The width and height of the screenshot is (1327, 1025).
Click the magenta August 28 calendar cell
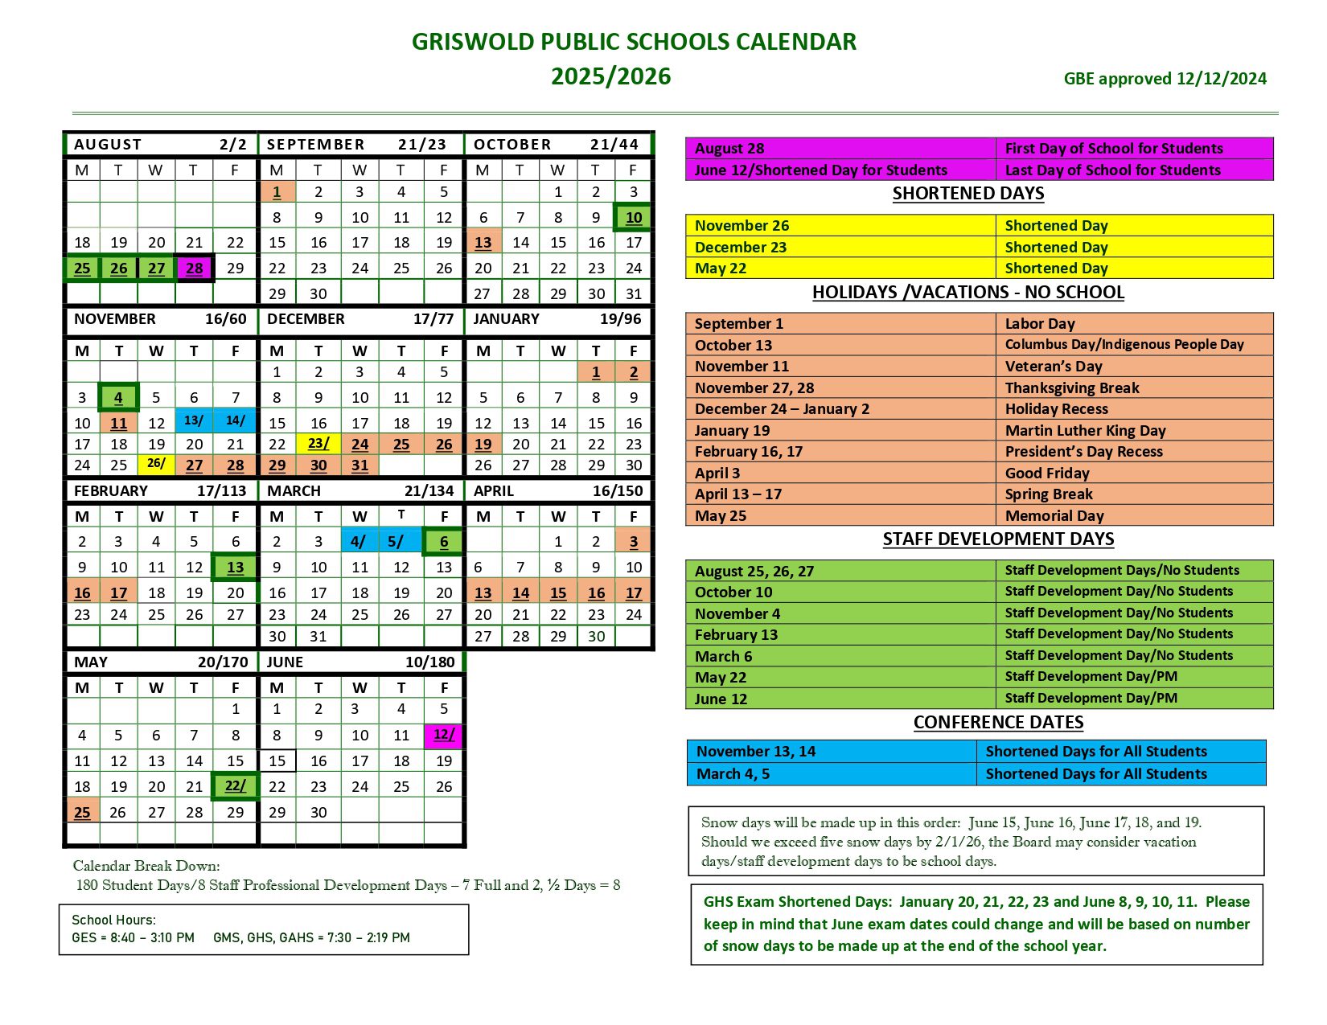tap(195, 269)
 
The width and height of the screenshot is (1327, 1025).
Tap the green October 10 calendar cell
tap(634, 218)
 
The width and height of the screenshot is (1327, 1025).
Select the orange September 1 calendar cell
tap(277, 192)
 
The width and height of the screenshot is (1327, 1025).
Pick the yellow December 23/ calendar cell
tap(318, 444)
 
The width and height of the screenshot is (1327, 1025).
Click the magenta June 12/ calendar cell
tap(444, 735)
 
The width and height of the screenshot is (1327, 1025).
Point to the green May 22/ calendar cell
tap(235, 786)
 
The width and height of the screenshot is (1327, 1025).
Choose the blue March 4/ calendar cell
tap(359, 542)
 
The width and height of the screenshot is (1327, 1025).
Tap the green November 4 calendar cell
tap(118, 398)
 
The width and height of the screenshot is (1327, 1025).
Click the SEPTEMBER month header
tap(315, 145)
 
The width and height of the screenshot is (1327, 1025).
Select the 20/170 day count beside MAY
tap(223, 662)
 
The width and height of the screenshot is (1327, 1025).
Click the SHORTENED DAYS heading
tap(968, 194)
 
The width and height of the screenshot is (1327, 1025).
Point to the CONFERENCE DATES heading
tap(998, 723)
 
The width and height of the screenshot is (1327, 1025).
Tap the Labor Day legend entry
tap(1040, 324)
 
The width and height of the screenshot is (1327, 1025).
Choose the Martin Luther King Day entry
tap(1085, 431)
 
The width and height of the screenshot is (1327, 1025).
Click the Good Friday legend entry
tap(1047, 474)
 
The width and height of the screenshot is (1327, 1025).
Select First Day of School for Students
tap(1114, 149)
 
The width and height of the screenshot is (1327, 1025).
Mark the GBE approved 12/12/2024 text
tap(1165, 79)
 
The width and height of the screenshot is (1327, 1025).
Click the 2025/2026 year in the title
tap(610, 76)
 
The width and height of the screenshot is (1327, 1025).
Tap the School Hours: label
tap(113, 920)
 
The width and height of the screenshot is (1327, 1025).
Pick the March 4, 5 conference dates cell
tap(733, 774)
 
